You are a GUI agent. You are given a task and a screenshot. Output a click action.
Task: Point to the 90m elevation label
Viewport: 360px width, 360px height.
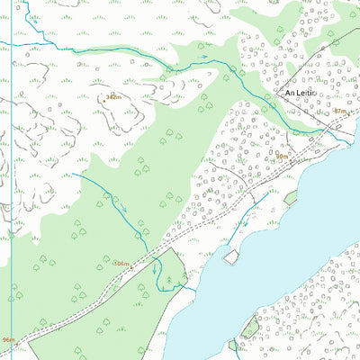[283, 156]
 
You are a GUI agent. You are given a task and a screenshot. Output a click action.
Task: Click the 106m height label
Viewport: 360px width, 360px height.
[121, 263]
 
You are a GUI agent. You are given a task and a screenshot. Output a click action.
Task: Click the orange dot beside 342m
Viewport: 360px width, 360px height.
[103, 100]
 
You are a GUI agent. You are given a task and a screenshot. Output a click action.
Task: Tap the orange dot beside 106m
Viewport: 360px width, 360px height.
[112, 262]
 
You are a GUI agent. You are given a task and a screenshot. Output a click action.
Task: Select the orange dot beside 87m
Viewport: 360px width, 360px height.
[352, 112]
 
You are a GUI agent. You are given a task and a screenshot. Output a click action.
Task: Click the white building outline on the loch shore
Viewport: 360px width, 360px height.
[231, 256]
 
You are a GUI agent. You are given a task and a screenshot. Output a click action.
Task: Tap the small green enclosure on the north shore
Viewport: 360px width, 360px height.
[292, 197]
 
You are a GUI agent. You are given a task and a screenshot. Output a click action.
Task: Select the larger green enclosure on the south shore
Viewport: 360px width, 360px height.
[249, 328]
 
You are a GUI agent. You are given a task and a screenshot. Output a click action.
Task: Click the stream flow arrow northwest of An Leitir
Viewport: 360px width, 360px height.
[202, 57]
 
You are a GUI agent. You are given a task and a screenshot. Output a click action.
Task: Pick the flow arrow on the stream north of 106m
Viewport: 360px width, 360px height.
[124, 210]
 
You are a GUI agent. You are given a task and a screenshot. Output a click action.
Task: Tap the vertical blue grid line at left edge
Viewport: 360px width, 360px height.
[12, 180]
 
